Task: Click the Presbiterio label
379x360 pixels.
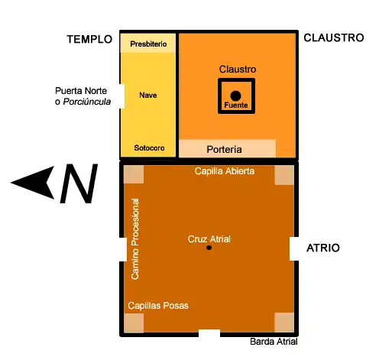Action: pyautogui.click(x=148, y=44)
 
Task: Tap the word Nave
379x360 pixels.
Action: pyautogui.click(x=148, y=95)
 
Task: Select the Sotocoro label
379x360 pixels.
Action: pyautogui.click(x=149, y=148)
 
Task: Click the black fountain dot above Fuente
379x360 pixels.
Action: pyautogui.click(x=235, y=96)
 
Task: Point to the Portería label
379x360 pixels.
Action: pyautogui.click(x=224, y=149)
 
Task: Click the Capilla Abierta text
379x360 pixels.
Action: pyautogui.click(x=225, y=171)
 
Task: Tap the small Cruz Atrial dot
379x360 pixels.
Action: pyautogui.click(x=209, y=248)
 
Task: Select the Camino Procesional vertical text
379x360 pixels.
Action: pyautogui.click(x=135, y=239)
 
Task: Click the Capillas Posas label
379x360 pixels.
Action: pyautogui.click(x=158, y=306)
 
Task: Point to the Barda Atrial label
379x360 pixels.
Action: pyautogui.click(x=274, y=342)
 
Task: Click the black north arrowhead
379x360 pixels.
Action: pyautogui.click(x=33, y=183)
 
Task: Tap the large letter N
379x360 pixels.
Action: pyautogui.click(x=79, y=183)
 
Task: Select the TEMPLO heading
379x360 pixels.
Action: pyautogui.click(x=89, y=39)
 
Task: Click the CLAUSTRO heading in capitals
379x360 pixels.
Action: pyautogui.click(x=334, y=37)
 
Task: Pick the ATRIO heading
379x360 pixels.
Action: pyautogui.click(x=323, y=248)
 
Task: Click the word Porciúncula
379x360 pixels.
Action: pyautogui.click(x=87, y=102)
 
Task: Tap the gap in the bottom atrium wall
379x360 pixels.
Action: pyautogui.click(x=209, y=333)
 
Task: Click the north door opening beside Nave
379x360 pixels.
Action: pyautogui.click(x=122, y=96)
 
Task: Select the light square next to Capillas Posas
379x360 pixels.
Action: pyautogui.click(x=134, y=323)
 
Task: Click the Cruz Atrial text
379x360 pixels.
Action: pyautogui.click(x=209, y=239)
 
